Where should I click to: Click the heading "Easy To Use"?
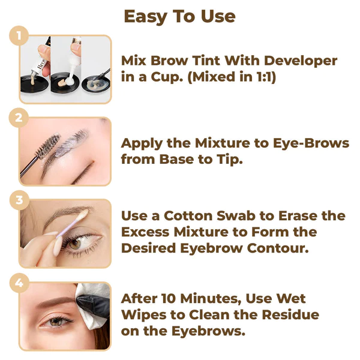179,16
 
